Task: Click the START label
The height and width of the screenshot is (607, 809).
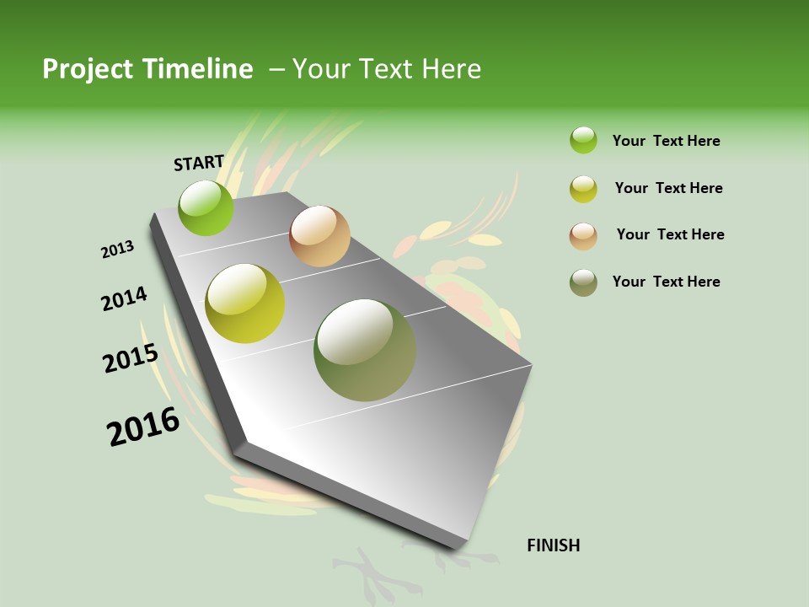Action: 199,163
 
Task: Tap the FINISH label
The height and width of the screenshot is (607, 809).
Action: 553,545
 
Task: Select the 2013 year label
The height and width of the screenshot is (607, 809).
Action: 117,250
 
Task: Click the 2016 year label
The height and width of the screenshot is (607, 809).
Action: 143,427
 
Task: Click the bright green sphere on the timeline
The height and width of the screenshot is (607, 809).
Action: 206,207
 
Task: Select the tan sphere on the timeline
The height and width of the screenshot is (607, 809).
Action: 319,236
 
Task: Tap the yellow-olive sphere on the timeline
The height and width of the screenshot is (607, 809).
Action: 245,303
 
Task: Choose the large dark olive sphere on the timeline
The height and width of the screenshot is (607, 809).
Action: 365,350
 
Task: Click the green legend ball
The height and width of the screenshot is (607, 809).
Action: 583,140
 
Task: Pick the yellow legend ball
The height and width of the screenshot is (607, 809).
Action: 583,189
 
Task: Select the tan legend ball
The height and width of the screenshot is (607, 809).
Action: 583,236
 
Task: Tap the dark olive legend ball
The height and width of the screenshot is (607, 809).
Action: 583,282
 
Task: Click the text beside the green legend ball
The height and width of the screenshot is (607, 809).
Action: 666,141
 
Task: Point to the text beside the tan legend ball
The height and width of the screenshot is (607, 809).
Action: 670,234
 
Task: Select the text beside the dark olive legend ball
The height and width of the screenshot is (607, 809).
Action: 666,282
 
